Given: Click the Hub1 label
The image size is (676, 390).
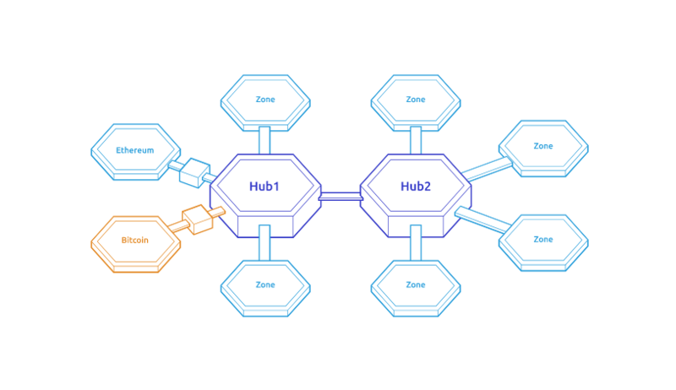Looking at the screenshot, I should click(264, 186).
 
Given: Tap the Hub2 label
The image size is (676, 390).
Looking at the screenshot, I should click(416, 186).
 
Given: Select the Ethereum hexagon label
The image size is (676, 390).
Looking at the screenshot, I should click(135, 150).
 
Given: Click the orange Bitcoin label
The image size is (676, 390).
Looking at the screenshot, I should click(135, 240).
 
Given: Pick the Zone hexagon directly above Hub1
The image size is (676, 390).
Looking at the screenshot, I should click(264, 100).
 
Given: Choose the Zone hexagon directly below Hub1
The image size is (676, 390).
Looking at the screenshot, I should click(264, 285).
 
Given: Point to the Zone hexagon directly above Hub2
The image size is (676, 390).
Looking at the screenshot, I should click(416, 100).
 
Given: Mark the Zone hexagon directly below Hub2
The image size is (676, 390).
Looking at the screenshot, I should click(416, 285).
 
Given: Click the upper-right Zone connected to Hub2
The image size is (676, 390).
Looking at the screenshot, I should click(542, 146).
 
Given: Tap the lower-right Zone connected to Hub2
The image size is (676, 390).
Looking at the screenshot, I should click(542, 240).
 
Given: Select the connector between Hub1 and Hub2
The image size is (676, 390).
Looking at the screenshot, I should click(341, 197).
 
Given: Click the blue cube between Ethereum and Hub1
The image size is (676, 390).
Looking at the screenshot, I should click(194, 171).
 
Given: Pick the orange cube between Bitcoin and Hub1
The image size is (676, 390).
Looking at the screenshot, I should click(197, 219).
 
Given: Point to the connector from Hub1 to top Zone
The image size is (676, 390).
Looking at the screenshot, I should click(264, 139).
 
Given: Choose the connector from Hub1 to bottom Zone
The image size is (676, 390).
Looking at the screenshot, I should click(264, 243).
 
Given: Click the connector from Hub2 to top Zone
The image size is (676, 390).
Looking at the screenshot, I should click(416, 139).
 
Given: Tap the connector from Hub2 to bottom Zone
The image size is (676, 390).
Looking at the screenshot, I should click(416, 243).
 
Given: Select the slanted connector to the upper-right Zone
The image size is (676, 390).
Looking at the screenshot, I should click(487, 169).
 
